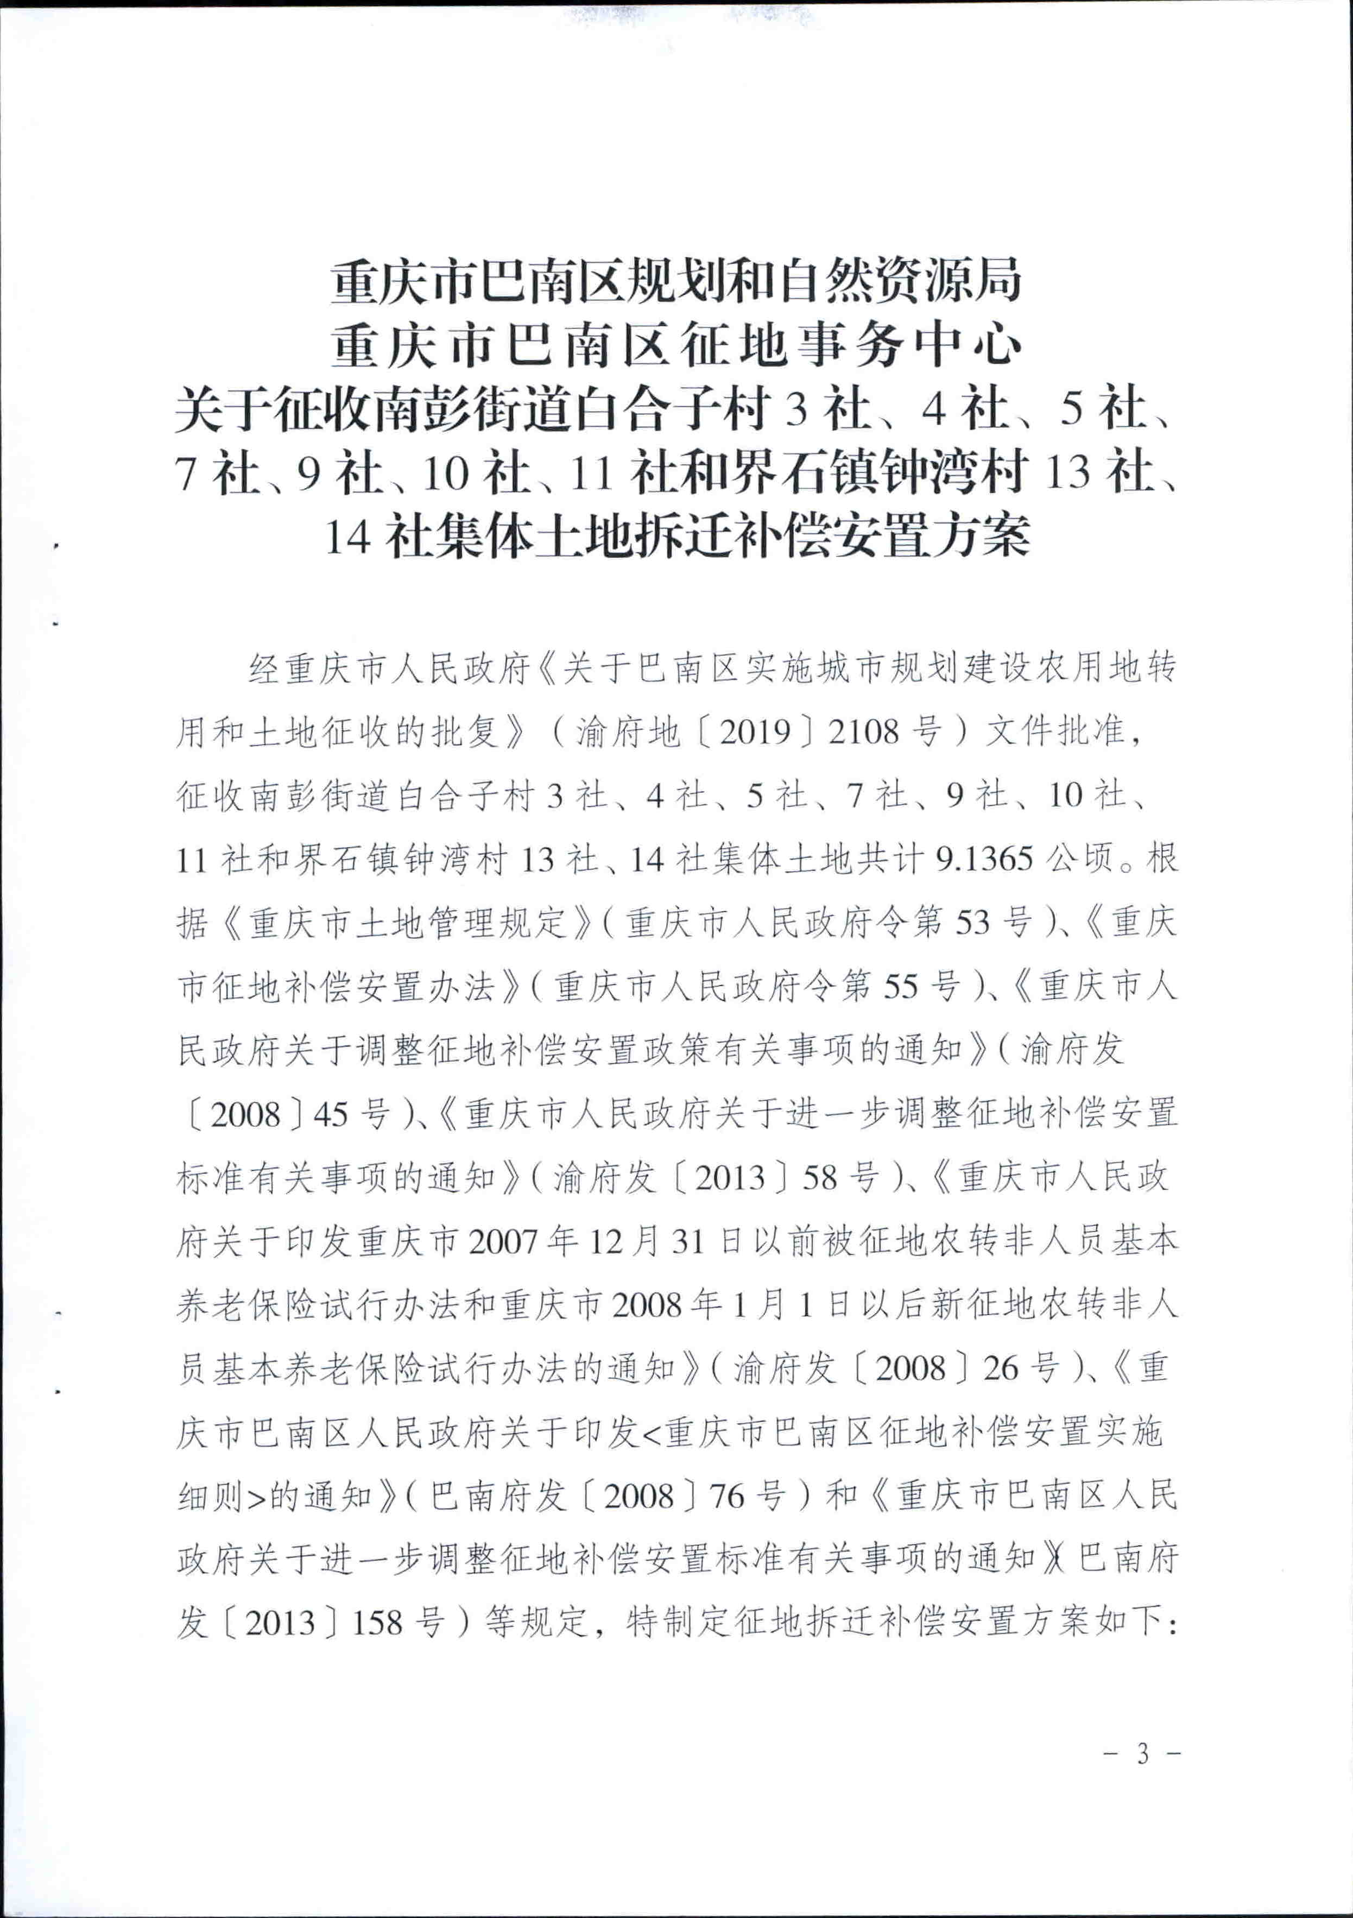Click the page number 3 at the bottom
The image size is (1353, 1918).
(1142, 1754)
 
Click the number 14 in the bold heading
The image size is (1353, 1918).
(346, 537)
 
